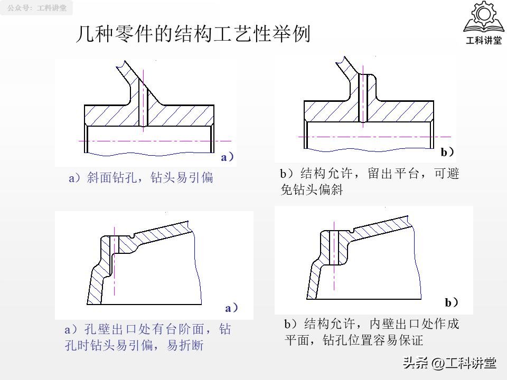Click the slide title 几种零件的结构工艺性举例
193,35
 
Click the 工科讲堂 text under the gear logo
483,41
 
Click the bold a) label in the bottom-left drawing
231,308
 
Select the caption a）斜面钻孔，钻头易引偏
141,178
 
